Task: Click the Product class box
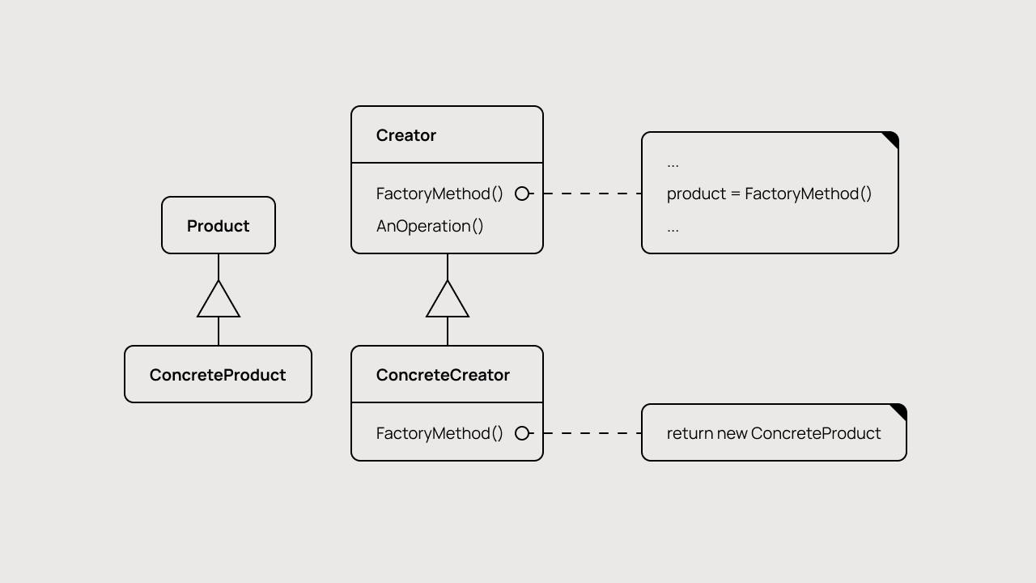tap(219, 225)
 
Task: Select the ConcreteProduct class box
tap(218, 374)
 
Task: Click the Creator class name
tap(406, 135)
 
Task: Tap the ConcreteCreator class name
tap(443, 375)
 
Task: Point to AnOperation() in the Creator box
tap(430, 226)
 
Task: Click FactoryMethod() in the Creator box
tap(439, 194)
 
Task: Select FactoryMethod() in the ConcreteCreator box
tap(439, 433)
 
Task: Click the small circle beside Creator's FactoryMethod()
tap(522, 194)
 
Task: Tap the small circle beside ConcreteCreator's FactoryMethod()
tap(522, 433)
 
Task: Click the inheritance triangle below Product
tap(219, 302)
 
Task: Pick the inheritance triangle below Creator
tap(448, 302)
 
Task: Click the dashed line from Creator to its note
tap(588, 194)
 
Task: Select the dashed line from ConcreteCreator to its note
tap(588, 433)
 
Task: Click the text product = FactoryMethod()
tap(769, 194)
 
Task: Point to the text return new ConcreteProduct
tap(774, 433)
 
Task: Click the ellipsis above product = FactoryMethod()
tap(673, 164)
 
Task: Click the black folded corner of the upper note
tap(892, 138)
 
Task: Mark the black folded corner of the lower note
tap(900, 411)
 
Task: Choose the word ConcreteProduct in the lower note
tap(816, 433)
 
